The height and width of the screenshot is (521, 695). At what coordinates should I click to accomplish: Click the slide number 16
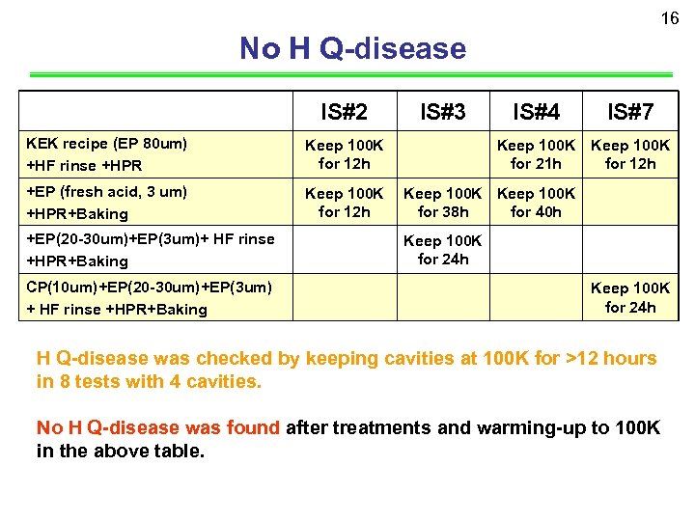pos(670,18)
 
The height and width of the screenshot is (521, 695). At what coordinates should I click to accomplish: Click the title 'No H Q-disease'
pos(352,48)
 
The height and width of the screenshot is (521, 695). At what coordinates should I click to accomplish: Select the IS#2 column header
pos(345,112)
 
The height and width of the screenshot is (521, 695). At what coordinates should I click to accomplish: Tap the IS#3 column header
pos(442,112)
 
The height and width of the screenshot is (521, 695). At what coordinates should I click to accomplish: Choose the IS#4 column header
pos(536,112)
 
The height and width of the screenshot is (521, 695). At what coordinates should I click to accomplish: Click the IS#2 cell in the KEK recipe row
pos(345,154)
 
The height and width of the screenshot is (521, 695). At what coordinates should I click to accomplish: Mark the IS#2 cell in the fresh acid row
pos(345,203)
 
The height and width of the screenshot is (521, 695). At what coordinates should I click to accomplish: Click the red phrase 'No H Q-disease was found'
pos(158,428)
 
